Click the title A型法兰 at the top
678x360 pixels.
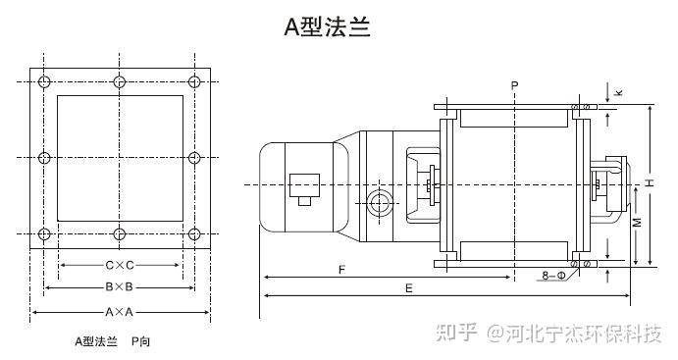327,26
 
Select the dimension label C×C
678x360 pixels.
120,266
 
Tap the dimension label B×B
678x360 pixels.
120,287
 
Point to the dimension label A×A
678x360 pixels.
120,311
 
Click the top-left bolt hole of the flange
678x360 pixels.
43,80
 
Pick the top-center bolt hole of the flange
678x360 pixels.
120,80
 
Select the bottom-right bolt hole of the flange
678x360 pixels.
194,234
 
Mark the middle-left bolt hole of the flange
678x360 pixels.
43,157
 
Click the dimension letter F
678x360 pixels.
340,268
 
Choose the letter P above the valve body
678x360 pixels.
514,87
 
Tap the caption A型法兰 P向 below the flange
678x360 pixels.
113,341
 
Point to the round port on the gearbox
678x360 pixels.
380,204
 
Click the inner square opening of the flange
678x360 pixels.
120,157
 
